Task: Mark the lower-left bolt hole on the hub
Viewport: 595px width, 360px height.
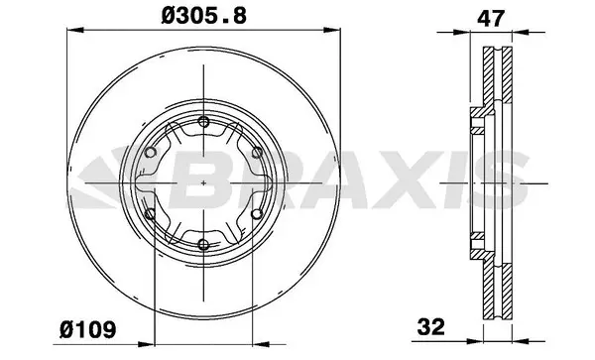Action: [x=150, y=213]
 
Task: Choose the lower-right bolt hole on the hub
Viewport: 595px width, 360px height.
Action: [x=257, y=213]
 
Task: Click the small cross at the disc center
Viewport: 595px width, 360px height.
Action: [x=203, y=182]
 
